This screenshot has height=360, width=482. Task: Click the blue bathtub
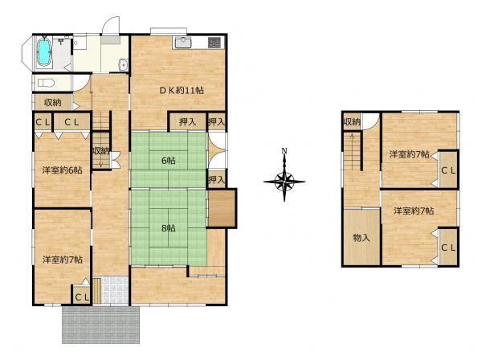point(44,51)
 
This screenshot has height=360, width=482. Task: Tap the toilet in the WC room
point(46,83)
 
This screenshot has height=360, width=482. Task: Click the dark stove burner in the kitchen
point(214,43)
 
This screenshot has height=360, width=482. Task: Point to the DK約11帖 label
point(182,90)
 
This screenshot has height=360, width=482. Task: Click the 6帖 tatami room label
point(169,160)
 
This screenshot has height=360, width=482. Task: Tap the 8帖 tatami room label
point(169,228)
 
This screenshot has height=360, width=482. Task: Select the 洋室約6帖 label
point(63,170)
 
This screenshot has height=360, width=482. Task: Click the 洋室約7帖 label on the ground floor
point(63,260)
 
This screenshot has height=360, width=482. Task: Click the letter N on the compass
point(284,151)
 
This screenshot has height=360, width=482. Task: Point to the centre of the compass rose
point(284,182)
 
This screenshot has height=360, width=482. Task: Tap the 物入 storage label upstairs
point(361,238)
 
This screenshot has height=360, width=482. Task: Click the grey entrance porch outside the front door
point(101,325)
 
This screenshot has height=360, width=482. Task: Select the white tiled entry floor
point(115,290)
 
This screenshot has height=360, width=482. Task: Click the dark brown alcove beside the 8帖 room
point(222,208)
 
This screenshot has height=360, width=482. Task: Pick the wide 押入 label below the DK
point(187,122)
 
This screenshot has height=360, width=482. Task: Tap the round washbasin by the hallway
point(124,65)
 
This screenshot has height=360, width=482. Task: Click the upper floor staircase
point(353,151)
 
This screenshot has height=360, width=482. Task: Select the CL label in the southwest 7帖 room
point(82,297)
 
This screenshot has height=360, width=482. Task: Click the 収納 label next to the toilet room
point(53,102)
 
